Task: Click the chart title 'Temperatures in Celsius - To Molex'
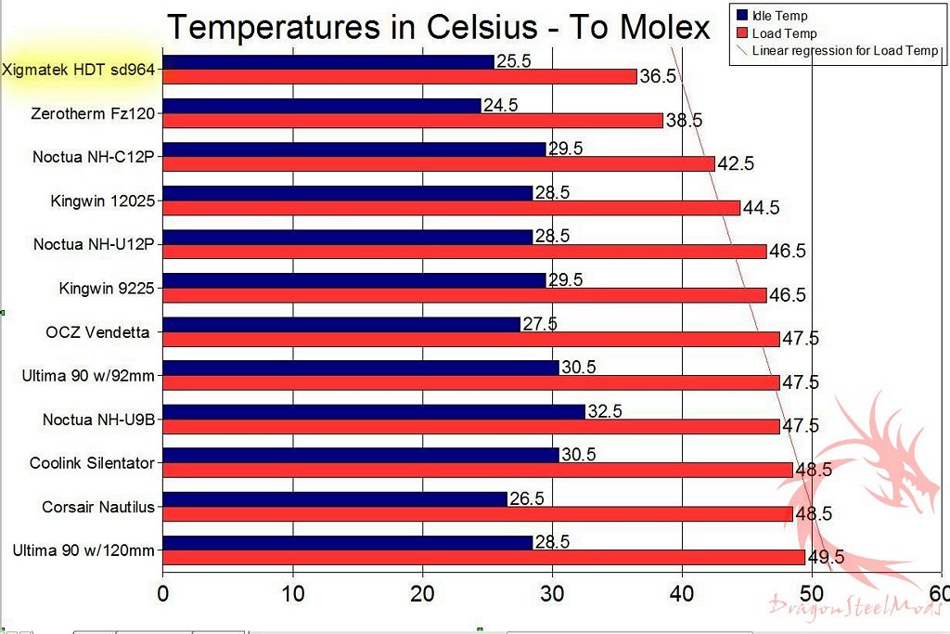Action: tap(438, 27)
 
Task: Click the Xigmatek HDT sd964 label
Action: tap(78, 70)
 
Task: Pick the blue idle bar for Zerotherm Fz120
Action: tap(322, 106)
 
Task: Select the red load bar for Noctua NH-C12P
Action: tap(439, 164)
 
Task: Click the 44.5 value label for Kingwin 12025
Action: tap(761, 208)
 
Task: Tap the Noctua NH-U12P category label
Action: tap(93, 244)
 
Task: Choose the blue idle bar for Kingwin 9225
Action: tap(354, 280)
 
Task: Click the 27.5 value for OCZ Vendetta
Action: tap(540, 324)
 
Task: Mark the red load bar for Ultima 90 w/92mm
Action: tap(471, 382)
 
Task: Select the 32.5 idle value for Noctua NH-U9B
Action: tap(605, 410)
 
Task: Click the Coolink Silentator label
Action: tap(92, 462)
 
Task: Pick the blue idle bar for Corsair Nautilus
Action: tap(335, 498)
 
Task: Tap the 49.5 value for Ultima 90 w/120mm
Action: tap(826, 557)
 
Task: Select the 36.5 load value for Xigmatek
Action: tap(657, 77)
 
